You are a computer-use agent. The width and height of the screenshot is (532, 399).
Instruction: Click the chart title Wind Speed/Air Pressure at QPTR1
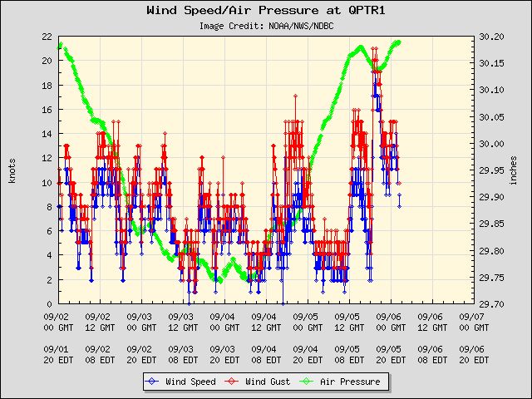point(265,11)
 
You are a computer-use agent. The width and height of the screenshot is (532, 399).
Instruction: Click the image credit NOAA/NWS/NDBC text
point(266,26)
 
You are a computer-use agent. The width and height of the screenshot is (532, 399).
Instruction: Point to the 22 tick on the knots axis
point(47,37)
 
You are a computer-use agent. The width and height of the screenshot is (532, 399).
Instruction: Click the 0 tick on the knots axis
point(49,304)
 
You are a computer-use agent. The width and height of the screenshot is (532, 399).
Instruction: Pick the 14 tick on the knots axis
point(47,134)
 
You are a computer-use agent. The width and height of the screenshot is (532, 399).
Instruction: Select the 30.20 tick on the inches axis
point(493,37)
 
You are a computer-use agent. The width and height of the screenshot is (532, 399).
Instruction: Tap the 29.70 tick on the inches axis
point(493,304)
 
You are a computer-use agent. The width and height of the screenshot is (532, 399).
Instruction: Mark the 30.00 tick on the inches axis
point(493,144)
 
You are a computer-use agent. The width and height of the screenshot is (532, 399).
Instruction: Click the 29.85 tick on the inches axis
point(493,224)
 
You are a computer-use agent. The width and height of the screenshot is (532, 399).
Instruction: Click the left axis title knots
point(12,170)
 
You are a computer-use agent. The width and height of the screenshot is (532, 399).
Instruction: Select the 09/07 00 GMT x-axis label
point(471,322)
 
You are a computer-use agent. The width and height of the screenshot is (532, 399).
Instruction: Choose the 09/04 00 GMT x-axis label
point(222,322)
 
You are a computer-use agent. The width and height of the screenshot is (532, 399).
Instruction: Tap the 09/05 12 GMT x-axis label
point(347,322)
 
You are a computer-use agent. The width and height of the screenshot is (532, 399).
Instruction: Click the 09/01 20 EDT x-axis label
point(56,354)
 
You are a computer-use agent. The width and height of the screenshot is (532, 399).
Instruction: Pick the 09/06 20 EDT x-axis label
point(471,354)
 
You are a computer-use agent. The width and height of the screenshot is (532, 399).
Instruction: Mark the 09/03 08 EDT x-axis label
point(180,354)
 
